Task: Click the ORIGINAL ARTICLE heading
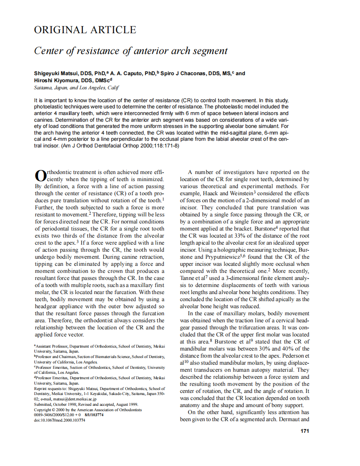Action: pos(85,30)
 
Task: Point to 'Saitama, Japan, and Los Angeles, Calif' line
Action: pos(76,88)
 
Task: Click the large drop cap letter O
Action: pos(39,176)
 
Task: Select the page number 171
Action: pos(304,431)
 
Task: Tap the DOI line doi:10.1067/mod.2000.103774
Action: pos(59,420)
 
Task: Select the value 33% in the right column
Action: pos(230,236)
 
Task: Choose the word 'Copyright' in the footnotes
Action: pos(43,410)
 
